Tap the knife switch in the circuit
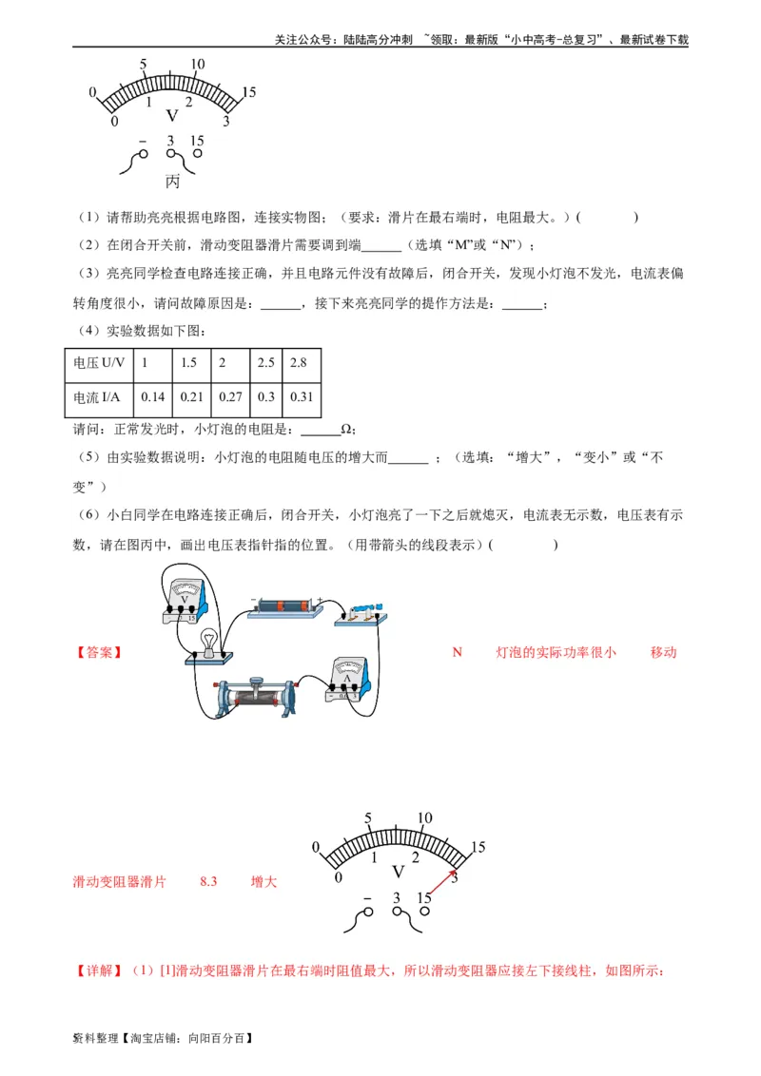point(362,613)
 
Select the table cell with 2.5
point(266,363)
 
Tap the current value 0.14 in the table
point(152,397)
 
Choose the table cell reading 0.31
point(302,397)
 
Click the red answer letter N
point(457,652)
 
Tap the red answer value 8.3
point(208,881)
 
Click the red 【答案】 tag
point(99,653)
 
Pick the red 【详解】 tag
point(99,970)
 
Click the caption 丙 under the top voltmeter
point(172,182)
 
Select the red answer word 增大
point(263,881)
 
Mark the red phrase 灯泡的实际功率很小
point(556,652)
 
